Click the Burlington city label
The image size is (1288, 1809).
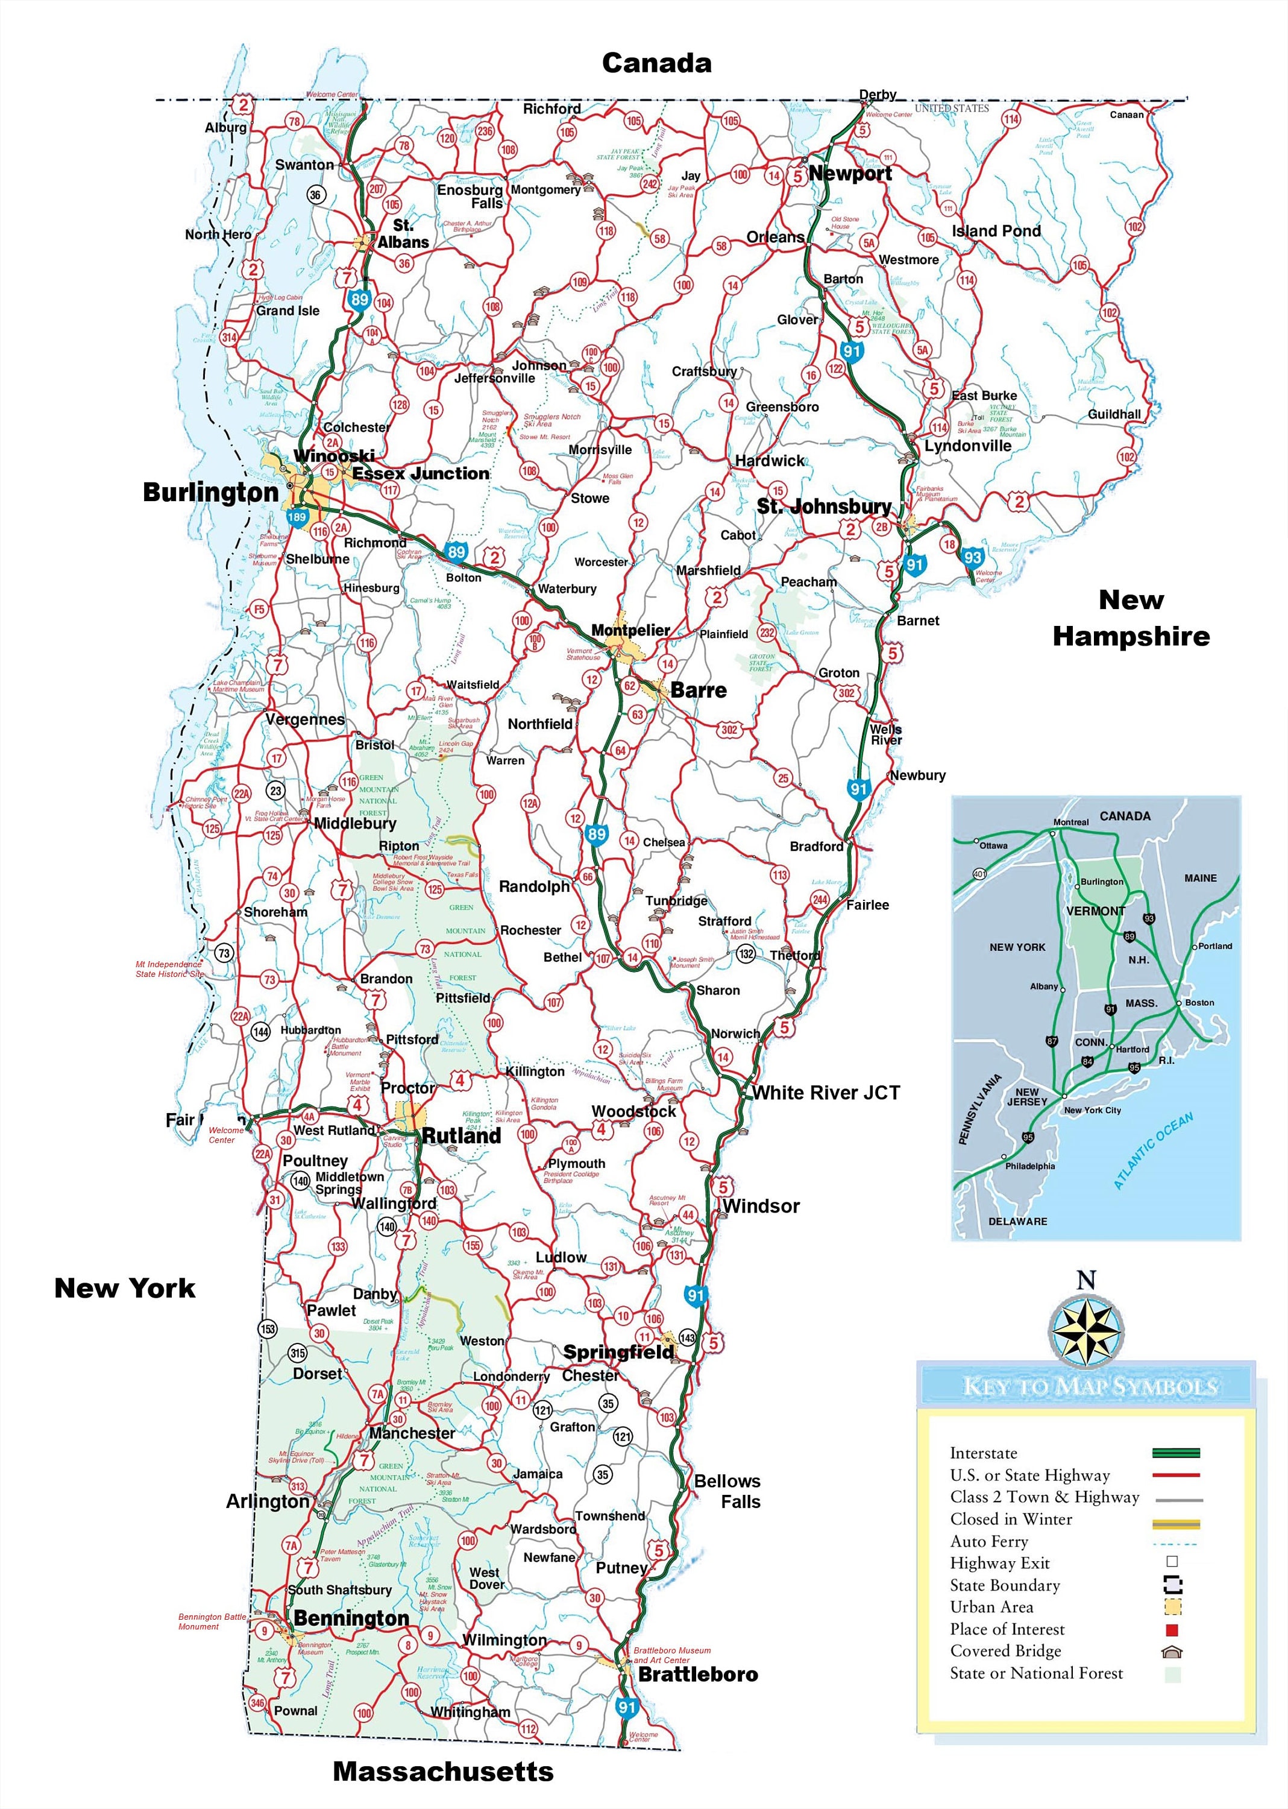[210, 493]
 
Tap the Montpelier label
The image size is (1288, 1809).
[630, 630]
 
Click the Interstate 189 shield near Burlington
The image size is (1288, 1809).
[297, 517]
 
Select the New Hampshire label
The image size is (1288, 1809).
[1130, 618]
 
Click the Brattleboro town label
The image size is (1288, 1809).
[697, 1674]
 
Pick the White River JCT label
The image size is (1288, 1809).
[826, 1093]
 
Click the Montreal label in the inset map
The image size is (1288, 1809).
[1070, 822]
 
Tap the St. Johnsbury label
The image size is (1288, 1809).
[823, 506]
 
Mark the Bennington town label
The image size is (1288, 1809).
[351, 1618]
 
